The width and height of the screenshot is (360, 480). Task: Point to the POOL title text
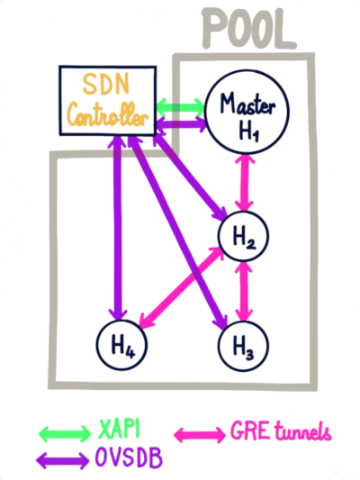(x=248, y=28)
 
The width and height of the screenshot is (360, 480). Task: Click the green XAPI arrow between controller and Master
(x=181, y=107)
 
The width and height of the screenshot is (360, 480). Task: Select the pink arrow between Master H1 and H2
(x=245, y=183)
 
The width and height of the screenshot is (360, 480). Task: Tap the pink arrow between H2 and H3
(x=244, y=291)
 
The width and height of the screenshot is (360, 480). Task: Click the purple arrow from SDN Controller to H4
(x=118, y=228)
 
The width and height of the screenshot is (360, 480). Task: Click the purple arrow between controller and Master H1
(x=182, y=125)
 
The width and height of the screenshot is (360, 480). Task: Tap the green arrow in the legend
(x=65, y=433)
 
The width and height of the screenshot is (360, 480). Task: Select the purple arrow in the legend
(x=63, y=460)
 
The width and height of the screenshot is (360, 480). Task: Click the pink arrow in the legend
(x=200, y=434)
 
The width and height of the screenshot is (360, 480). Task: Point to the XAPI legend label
(x=119, y=429)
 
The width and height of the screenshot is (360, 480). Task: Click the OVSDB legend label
(x=129, y=457)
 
